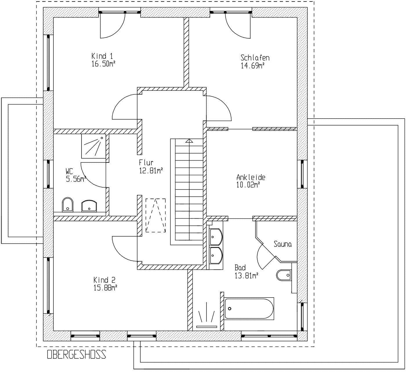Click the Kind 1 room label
102,56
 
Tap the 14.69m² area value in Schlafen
253,66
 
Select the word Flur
146,163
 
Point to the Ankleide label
251,177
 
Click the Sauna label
283,244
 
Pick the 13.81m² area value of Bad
246,276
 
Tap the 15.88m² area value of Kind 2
106,288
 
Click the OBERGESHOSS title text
77,354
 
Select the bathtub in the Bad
249,309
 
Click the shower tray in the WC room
94,146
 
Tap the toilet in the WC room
68,205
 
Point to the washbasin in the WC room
89,206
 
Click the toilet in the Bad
284,275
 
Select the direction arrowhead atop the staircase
189,141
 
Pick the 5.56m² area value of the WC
76,179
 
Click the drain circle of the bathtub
229,309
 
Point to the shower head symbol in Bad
206,316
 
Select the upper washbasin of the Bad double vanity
216,237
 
